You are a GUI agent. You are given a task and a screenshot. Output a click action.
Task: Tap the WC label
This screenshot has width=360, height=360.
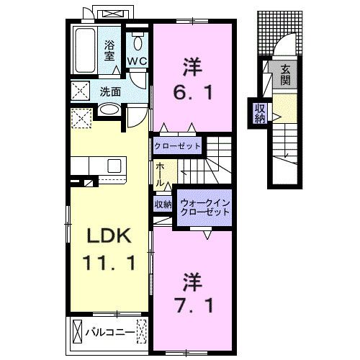(x=137, y=61)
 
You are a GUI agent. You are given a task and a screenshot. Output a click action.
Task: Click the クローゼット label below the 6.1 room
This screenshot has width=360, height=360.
(x=177, y=145)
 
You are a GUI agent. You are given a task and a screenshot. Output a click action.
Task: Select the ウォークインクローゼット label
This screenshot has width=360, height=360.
(x=204, y=206)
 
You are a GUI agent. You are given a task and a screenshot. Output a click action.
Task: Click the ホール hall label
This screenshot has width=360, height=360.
(x=159, y=174)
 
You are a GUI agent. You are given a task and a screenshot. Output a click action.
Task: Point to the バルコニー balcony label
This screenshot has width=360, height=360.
(x=109, y=333)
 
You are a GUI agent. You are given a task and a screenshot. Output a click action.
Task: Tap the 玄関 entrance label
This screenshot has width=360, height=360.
(x=286, y=73)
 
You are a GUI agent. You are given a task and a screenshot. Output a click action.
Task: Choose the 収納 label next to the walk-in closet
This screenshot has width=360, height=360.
(x=163, y=204)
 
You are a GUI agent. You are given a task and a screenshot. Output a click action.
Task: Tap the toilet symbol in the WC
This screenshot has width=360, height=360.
(x=137, y=41)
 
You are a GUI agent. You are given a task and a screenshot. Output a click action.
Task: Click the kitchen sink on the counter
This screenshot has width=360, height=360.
(x=114, y=166)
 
